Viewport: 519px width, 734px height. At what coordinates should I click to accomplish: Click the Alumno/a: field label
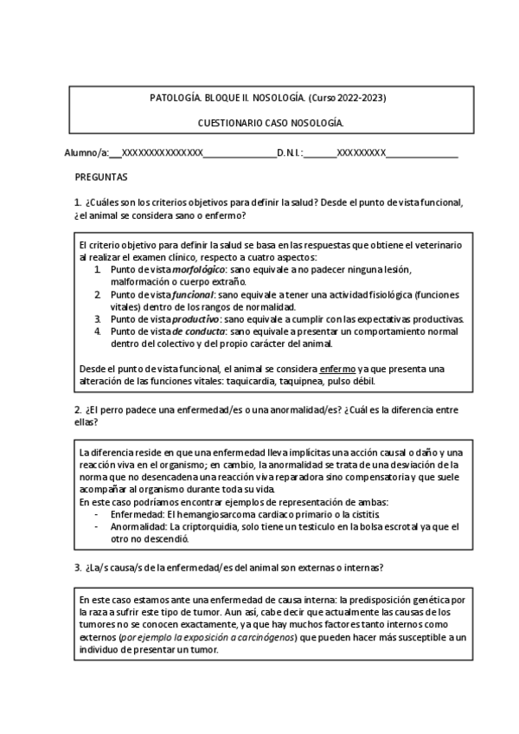pos(86,153)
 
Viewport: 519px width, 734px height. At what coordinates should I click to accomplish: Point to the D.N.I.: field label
pos(290,153)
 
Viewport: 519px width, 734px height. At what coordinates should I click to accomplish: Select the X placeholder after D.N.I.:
pos(361,153)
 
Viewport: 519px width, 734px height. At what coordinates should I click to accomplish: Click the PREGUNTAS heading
pos(102,177)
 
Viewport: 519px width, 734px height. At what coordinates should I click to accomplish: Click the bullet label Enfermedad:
pos(137,513)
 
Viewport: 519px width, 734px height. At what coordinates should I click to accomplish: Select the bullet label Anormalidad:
pos(138,525)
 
